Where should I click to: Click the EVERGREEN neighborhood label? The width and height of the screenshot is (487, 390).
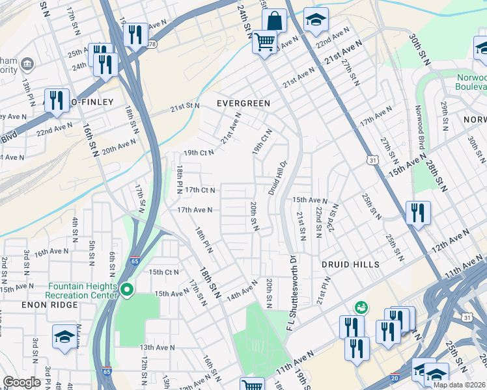point(244,103)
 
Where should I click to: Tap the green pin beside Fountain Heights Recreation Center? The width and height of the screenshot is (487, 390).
point(127,290)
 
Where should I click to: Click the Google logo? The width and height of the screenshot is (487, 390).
point(21,382)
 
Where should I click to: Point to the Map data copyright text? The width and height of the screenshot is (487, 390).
point(460,385)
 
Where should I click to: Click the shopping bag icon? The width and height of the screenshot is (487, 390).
point(275,20)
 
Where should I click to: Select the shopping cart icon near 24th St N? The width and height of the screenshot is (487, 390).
point(264,43)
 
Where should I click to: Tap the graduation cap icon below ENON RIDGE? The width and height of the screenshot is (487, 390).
point(64,337)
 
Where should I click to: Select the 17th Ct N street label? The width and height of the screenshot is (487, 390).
point(200,190)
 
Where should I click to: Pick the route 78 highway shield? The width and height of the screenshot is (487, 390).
point(152,44)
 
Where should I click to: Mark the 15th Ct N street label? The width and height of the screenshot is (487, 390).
point(163,272)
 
